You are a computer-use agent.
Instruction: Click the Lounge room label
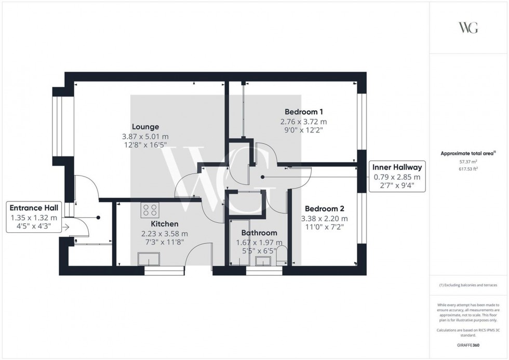(145, 127)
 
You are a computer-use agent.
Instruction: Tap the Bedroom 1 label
(304, 112)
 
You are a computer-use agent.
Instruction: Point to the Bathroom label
(259, 233)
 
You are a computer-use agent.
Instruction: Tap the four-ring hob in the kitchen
(151, 210)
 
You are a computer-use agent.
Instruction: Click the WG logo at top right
(468, 28)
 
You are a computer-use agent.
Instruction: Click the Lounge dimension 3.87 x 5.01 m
(145, 137)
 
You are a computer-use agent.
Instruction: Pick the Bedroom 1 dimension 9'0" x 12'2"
(304, 131)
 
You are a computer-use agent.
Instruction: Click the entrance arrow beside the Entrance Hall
(66, 227)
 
